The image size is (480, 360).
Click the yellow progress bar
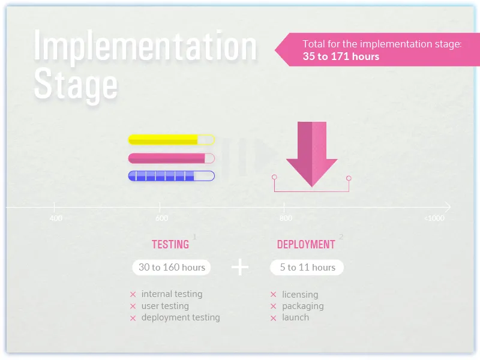pyautogui.click(x=171, y=140)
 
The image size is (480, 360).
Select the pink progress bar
pyautogui.click(x=171, y=158)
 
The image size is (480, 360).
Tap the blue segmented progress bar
pyautogui.click(x=171, y=176)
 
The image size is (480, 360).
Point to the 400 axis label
pyautogui.click(x=56, y=218)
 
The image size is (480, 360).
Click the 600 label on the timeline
pyautogui.click(x=161, y=218)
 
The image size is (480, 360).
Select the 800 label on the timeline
pyautogui.click(x=286, y=218)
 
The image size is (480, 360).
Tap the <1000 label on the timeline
pyautogui.click(x=434, y=218)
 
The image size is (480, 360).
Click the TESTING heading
pyautogui.click(x=170, y=245)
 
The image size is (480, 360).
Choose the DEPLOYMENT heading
pyautogui.click(x=306, y=245)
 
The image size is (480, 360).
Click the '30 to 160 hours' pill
pyautogui.click(x=172, y=268)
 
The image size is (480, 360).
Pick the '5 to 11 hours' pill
pyautogui.click(x=307, y=268)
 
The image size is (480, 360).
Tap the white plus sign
pyautogui.click(x=240, y=267)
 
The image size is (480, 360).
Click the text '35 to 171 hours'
pyautogui.click(x=341, y=56)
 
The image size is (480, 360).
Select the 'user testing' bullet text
pyautogui.click(x=165, y=306)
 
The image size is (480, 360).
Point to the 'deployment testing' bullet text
pyautogui.click(x=181, y=317)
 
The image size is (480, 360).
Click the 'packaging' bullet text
pyautogui.click(x=302, y=306)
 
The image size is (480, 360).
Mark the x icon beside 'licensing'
pyautogui.click(x=273, y=295)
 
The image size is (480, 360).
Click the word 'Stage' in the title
pyautogui.click(x=75, y=85)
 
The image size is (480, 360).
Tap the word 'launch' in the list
pyautogui.click(x=295, y=317)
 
